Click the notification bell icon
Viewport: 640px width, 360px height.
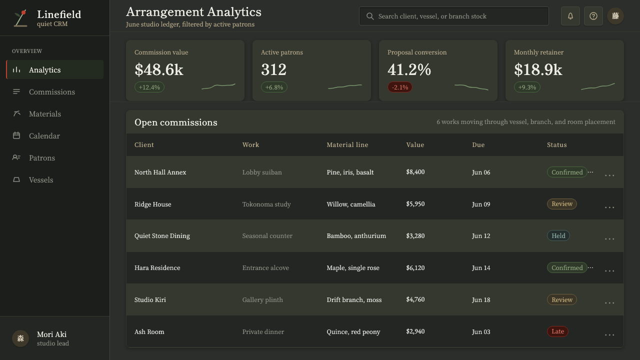click(570, 16)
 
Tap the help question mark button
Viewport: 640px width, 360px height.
click(593, 16)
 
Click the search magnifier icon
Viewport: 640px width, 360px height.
click(370, 16)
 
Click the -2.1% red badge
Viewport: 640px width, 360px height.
click(399, 87)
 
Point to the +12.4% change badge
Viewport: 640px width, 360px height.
click(149, 87)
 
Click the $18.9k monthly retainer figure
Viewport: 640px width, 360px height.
click(538, 69)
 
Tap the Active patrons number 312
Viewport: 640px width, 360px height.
click(273, 69)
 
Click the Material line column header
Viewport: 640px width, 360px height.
click(347, 145)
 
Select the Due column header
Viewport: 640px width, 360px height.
click(478, 145)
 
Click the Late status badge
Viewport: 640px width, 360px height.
click(557, 331)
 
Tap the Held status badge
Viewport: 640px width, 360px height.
click(558, 235)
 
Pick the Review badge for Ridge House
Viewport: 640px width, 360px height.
click(562, 204)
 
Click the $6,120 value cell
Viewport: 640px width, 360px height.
click(415, 267)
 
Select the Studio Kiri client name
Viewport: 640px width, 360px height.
click(150, 299)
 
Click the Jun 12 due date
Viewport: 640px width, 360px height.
click(481, 235)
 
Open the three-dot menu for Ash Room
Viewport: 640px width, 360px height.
click(609, 335)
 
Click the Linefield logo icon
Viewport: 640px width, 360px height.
click(20, 18)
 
